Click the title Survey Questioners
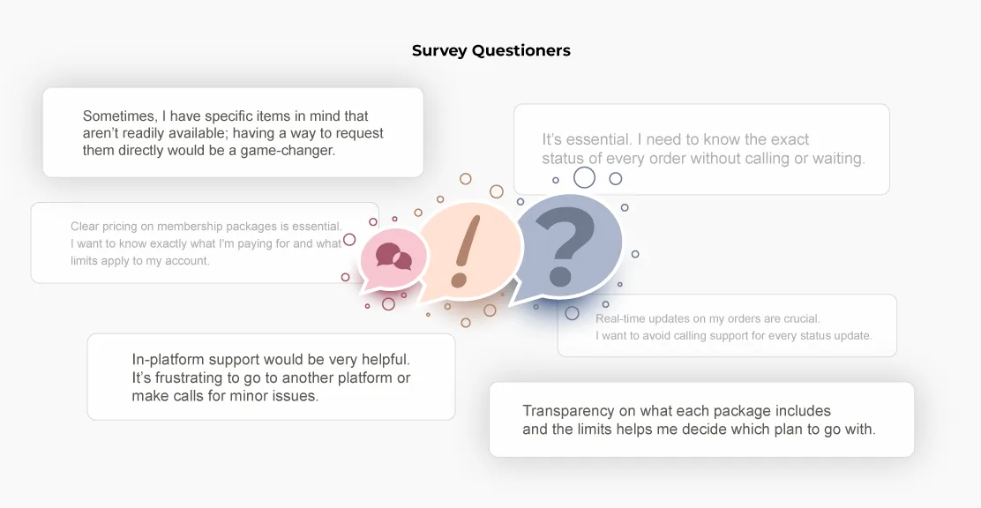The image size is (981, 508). (491, 50)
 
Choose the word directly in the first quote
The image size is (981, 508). (141, 151)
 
